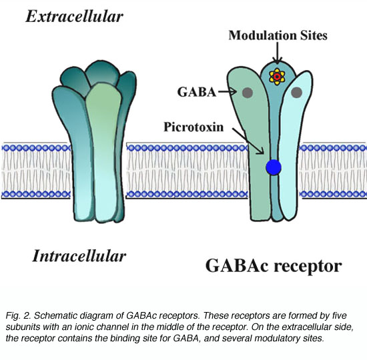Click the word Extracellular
point(75,17)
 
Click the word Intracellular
point(79,256)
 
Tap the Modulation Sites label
point(278,35)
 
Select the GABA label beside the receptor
point(197,92)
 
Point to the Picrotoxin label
point(194,127)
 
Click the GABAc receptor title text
point(274,267)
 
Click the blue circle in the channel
point(274,167)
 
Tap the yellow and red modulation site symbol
point(277,77)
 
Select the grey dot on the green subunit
point(248,93)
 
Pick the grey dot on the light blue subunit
point(296,93)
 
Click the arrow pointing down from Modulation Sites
point(278,53)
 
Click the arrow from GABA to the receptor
point(228,91)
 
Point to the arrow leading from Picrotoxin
point(248,141)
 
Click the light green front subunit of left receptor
point(103,152)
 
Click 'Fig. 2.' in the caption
point(18,316)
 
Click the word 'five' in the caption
point(338,316)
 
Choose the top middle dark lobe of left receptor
point(103,73)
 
